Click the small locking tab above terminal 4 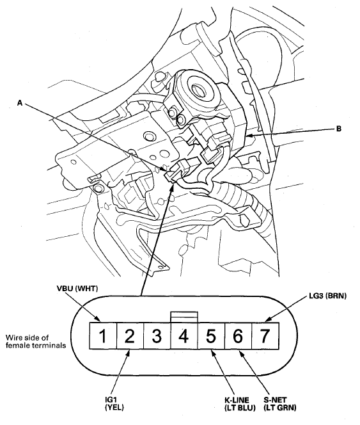(184, 316)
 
